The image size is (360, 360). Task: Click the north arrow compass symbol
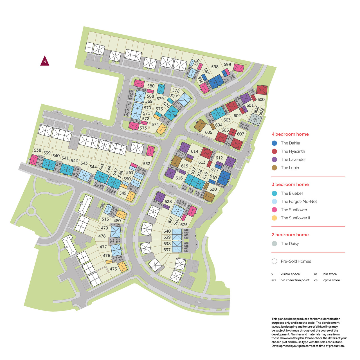45,61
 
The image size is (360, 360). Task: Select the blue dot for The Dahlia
274,143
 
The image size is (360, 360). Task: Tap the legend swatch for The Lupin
274,168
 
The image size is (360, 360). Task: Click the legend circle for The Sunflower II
274,218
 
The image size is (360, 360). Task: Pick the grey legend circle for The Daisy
274,244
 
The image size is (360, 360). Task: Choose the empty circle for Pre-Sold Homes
274,261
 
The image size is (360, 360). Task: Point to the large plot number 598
215,67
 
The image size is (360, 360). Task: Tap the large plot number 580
151,86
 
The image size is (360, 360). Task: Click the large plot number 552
147,164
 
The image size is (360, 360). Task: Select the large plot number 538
37,150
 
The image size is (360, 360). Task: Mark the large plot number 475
113,269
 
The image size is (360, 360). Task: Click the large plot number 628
168,202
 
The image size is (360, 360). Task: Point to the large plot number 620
213,189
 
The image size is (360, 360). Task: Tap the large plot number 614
195,151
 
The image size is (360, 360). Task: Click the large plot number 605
209,132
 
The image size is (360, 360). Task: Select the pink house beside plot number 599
239,68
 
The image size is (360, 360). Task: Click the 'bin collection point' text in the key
295,280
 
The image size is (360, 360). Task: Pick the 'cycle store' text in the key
331,280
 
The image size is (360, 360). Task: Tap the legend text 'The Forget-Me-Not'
299,202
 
